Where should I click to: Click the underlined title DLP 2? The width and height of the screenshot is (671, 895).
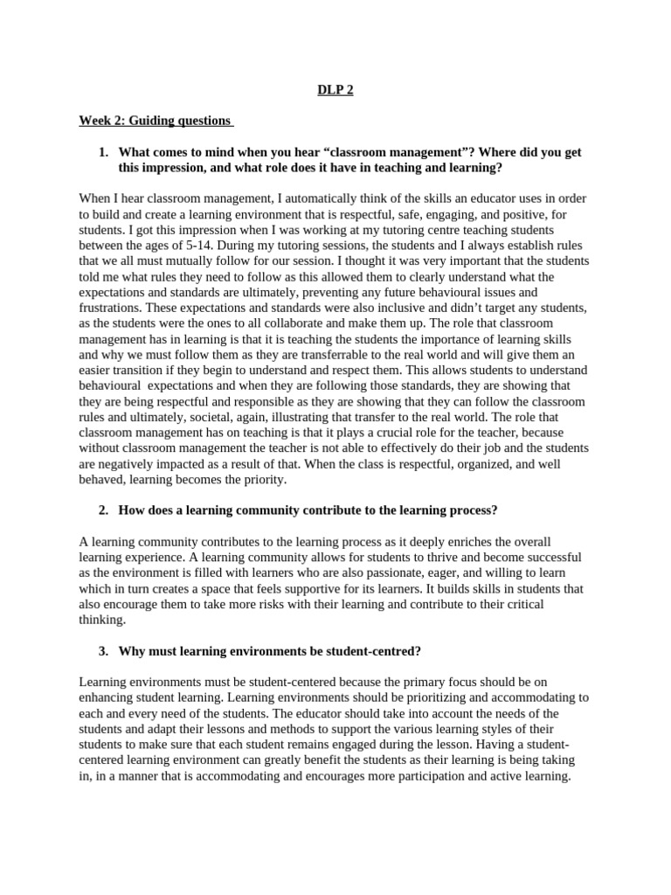click(335, 90)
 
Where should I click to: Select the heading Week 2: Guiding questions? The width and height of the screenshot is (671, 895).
click(155, 121)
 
